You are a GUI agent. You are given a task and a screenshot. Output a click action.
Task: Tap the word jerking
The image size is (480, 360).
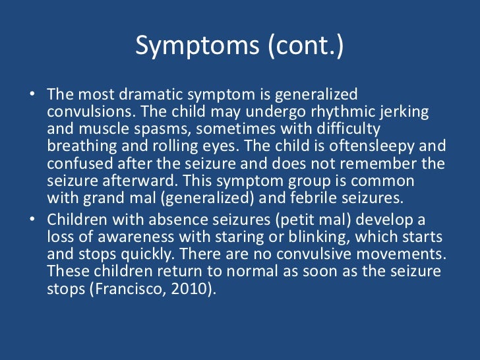coord(402,112)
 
